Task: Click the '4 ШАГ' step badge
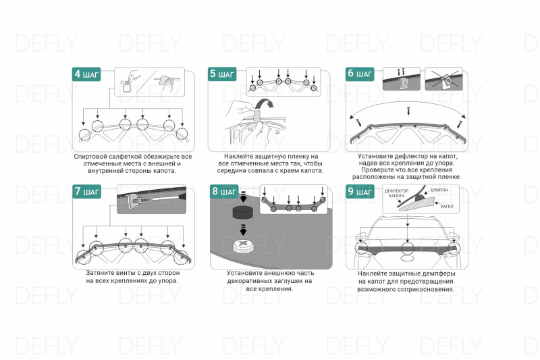pyautogui.click(x=86, y=74)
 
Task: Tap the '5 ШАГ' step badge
pyautogui.click(x=223, y=74)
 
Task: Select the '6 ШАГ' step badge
pyautogui.click(x=360, y=74)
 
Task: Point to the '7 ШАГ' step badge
pyautogui.click(x=86, y=192)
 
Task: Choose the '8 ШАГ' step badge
pyautogui.click(x=223, y=192)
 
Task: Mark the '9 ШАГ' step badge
pyautogui.click(x=360, y=192)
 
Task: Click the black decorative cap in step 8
pyautogui.click(x=242, y=214)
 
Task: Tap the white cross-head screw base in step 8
pyautogui.click(x=242, y=245)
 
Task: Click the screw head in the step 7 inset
pyautogui.click(x=136, y=199)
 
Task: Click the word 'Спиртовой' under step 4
pyautogui.click(x=92, y=157)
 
